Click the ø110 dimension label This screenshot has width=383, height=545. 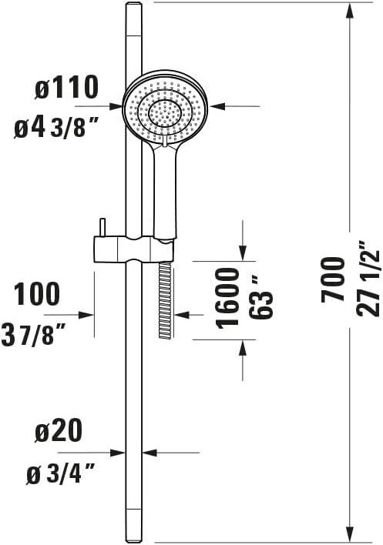(66, 89)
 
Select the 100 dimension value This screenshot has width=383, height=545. (37, 295)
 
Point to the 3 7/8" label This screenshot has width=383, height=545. (44, 334)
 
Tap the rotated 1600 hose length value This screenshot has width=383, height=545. (227, 297)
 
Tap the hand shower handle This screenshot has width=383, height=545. (166, 189)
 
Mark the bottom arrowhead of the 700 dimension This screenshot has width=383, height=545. (351, 535)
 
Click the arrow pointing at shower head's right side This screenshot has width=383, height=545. (218, 107)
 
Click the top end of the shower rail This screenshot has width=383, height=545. (133, 6)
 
